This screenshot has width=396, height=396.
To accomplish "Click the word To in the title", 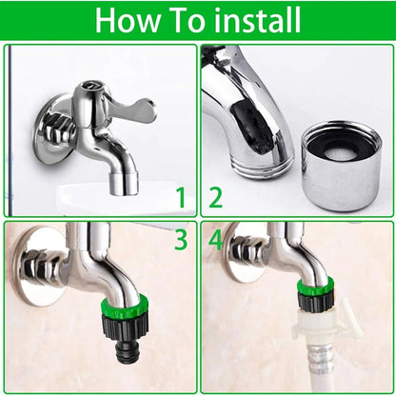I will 187,20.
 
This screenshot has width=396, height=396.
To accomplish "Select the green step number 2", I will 215,198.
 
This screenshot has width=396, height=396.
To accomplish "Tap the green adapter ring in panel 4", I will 314,291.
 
